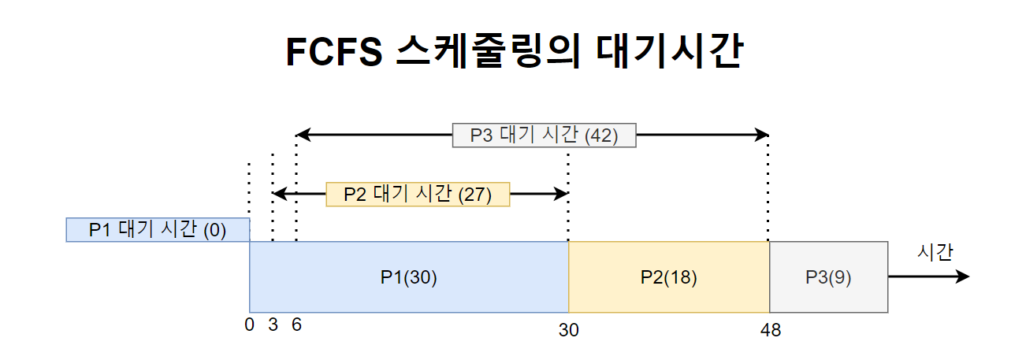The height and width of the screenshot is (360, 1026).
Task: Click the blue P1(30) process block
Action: click(x=408, y=277)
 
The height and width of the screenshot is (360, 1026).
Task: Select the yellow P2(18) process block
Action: click(x=668, y=277)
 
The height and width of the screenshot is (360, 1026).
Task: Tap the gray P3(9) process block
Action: click(x=828, y=277)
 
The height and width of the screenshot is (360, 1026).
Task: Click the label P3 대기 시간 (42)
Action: click(x=544, y=135)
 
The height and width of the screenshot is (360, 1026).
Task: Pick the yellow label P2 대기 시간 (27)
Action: click(x=418, y=194)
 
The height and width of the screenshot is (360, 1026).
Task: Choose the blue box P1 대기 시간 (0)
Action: click(x=158, y=230)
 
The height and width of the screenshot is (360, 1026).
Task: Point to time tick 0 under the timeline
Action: click(x=250, y=325)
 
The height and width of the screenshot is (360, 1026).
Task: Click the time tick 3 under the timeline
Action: click(x=273, y=325)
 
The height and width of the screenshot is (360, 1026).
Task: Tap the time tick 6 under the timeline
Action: click(x=296, y=325)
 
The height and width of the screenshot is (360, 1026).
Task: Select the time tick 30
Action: click(x=568, y=330)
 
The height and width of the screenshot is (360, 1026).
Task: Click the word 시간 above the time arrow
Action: click(x=935, y=252)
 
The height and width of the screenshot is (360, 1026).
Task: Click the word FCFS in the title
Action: click(x=332, y=53)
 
